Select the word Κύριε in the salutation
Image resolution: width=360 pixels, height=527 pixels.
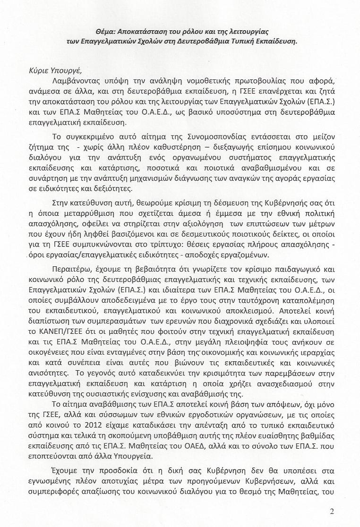pos(39,71)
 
